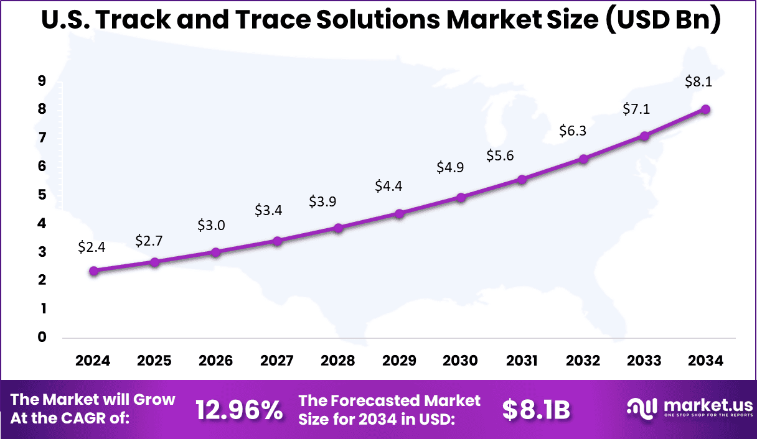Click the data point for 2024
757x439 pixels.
[x=93, y=270]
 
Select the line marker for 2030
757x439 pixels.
[x=461, y=198]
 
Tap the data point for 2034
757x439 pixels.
[x=705, y=109]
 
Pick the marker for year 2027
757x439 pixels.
[x=278, y=241]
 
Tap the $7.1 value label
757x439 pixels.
[x=636, y=109]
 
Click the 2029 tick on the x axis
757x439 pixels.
[x=400, y=361]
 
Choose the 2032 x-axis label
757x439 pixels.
[x=583, y=361]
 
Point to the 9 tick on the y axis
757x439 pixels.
[x=42, y=80]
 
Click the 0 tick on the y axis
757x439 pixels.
[x=42, y=337]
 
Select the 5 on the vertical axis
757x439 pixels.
[x=42, y=195]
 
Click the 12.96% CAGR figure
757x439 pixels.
[x=239, y=410]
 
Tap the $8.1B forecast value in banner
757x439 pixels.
[x=536, y=410]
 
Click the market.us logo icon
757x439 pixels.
[x=642, y=409]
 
